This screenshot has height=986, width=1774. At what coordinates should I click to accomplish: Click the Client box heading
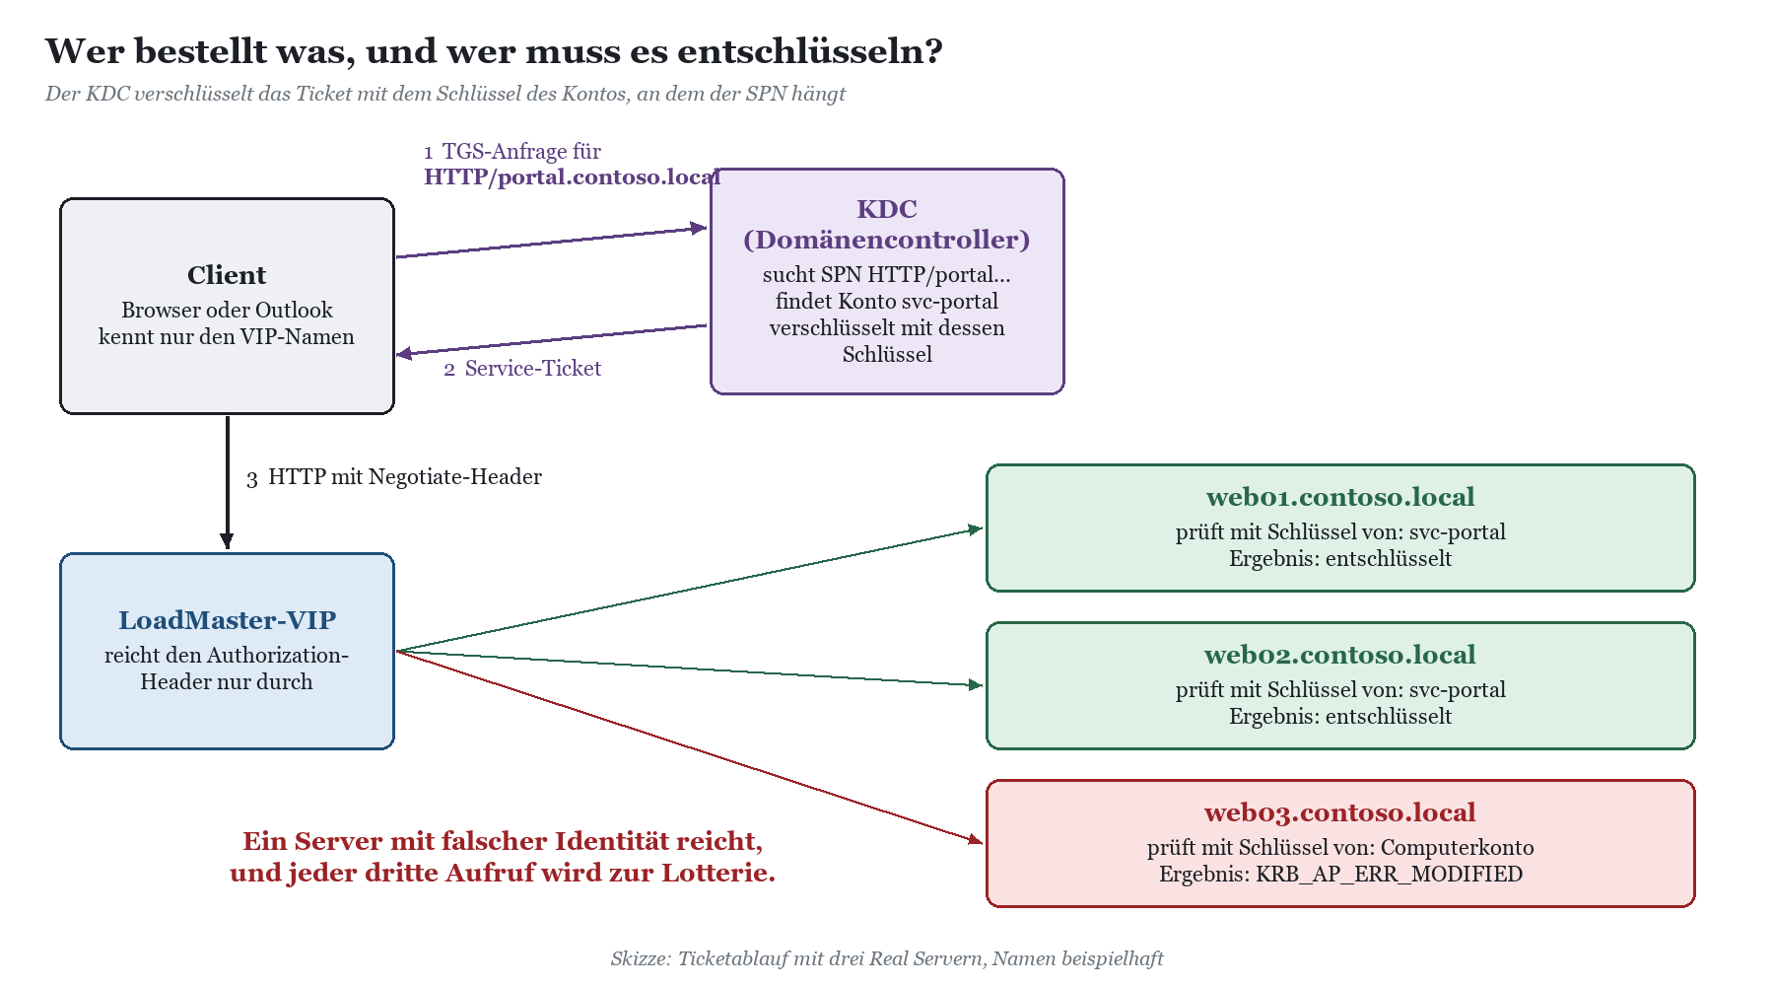pyautogui.click(x=227, y=275)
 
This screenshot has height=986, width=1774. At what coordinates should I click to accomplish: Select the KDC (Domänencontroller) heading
pyautogui.click(x=887, y=224)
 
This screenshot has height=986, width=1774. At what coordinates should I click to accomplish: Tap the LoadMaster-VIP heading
pyautogui.click(x=227, y=620)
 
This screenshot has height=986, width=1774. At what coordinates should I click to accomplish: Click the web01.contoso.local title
pyautogui.click(x=1340, y=497)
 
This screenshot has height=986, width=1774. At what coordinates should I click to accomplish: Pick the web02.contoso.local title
pyautogui.click(x=1340, y=655)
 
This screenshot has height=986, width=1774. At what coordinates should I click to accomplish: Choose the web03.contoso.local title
pyautogui.click(x=1340, y=812)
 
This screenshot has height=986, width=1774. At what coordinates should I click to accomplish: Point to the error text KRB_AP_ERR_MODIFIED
pyautogui.click(x=1389, y=875)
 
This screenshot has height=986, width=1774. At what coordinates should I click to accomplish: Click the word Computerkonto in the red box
pyautogui.click(x=1457, y=848)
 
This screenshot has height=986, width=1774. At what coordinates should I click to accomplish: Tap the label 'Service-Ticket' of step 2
pyautogui.click(x=533, y=369)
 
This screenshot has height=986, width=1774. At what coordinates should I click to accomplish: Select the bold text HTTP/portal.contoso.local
pyautogui.click(x=573, y=177)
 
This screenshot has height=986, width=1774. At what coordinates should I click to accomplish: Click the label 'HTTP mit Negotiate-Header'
pyautogui.click(x=405, y=477)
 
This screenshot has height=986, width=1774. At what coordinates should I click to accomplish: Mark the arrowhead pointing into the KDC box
pyautogui.click(x=699, y=228)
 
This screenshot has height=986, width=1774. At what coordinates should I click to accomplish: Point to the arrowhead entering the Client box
pyautogui.click(x=404, y=354)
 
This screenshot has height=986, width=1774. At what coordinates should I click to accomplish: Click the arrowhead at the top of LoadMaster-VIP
pyautogui.click(x=227, y=541)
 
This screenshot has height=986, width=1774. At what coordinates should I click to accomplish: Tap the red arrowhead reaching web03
pyautogui.click(x=976, y=839)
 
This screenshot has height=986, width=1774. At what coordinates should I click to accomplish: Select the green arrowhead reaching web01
pyautogui.click(x=976, y=529)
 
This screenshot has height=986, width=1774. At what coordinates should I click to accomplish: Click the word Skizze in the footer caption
pyautogui.click(x=641, y=958)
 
